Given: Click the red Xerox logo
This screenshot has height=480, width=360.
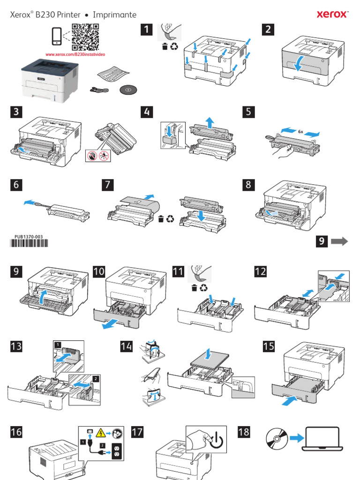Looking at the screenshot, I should click(x=333, y=15).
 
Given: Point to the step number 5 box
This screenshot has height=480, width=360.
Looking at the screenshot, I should click(x=249, y=112).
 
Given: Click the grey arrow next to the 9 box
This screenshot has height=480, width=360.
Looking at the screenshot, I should click(x=339, y=241).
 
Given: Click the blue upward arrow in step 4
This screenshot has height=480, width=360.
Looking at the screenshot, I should click(x=210, y=122).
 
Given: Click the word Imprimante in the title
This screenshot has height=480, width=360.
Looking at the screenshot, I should click(x=114, y=15).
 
